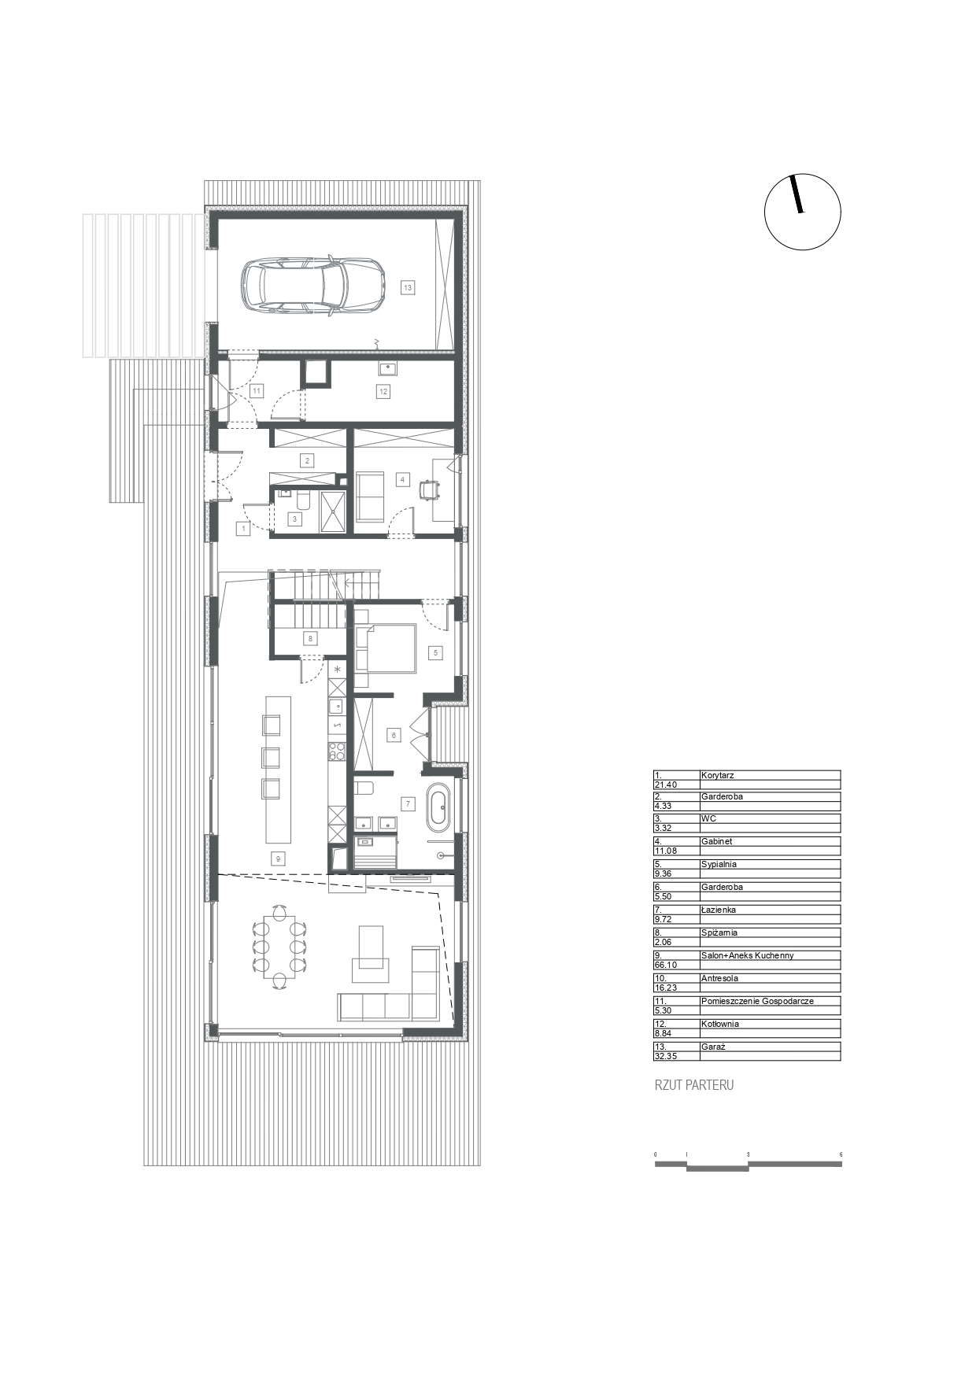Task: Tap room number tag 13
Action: coord(408,288)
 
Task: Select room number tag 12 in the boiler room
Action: coord(383,391)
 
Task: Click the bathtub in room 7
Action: coord(439,807)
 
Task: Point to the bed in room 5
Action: coord(385,647)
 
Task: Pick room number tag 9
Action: coord(278,859)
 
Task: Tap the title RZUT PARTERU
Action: coord(694,1085)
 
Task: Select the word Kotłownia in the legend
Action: coord(721,1024)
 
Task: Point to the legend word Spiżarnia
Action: coord(719,932)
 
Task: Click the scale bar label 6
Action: coord(841,1154)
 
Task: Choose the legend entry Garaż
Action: coord(713,1047)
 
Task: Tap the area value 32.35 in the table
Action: coord(666,1056)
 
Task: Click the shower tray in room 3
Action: coord(333,511)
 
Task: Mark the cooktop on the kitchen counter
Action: coord(337,752)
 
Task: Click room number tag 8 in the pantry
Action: coord(311,639)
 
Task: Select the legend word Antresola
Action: coord(719,978)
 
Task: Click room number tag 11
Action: coord(257,390)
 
